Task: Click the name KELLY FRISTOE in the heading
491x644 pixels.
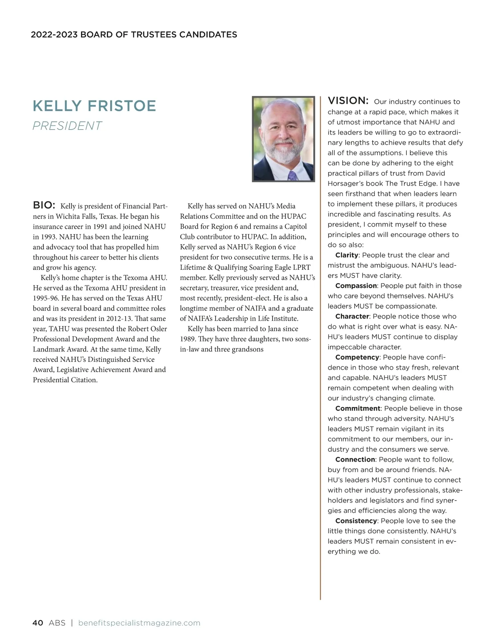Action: click(x=94, y=106)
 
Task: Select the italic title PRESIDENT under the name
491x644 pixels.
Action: click(x=67, y=126)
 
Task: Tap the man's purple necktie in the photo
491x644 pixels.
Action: click(x=292, y=175)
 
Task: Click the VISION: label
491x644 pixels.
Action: click(x=348, y=101)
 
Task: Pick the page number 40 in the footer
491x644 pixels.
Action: click(x=38, y=623)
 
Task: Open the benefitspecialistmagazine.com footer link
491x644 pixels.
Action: click(x=139, y=623)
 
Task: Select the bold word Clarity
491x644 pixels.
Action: click(x=347, y=255)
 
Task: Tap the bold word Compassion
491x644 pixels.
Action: click(x=356, y=286)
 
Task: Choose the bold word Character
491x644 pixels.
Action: click(x=352, y=316)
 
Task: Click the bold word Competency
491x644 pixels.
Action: click(x=357, y=357)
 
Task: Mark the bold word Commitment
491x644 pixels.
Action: click(x=358, y=408)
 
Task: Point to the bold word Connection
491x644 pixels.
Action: click(x=355, y=460)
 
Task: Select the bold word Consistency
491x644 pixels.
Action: click(x=356, y=521)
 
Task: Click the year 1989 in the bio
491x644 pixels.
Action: click(x=188, y=339)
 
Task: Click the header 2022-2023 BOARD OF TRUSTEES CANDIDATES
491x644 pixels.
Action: click(x=134, y=34)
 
